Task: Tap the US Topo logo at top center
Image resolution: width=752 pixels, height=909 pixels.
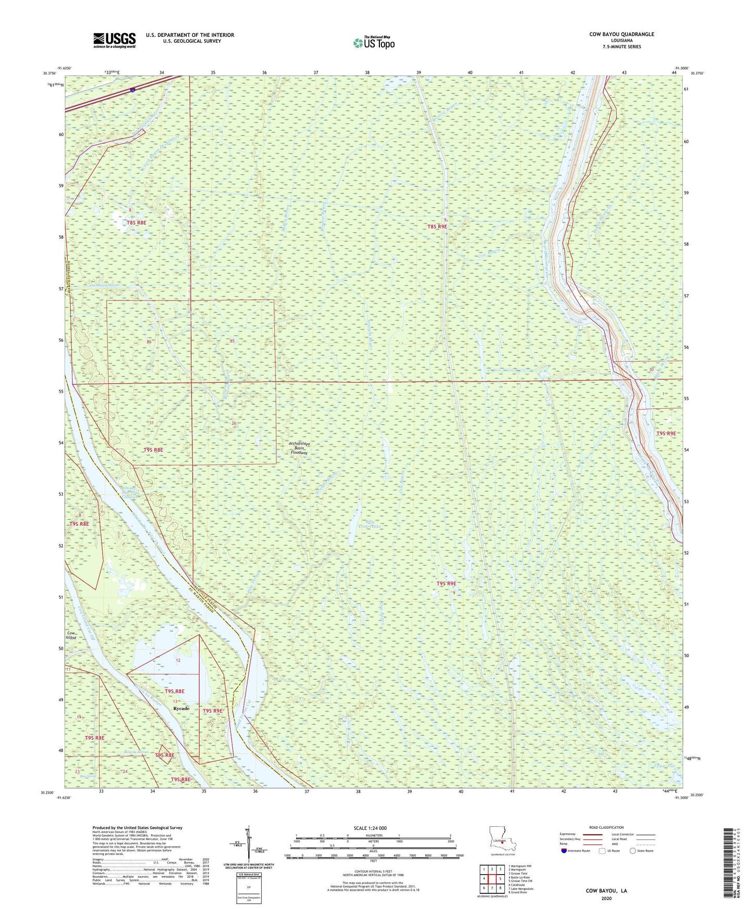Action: pos(373,43)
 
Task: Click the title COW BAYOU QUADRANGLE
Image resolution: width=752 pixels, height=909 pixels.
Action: pos(621,34)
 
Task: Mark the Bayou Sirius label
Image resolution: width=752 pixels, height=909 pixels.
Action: pos(136,752)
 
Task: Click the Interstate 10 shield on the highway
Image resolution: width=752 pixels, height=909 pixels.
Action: pos(133,91)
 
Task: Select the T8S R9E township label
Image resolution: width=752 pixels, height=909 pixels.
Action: pos(437,226)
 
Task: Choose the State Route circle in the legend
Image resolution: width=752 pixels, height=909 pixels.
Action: pos(633,851)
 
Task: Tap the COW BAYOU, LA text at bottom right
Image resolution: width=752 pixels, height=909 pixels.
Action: pos(606,891)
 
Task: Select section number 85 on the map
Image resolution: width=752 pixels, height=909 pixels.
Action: pos(232,341)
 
